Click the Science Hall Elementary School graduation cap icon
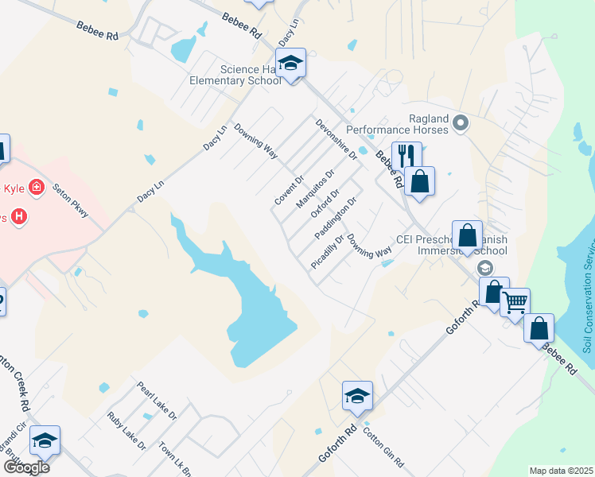tap(290, 63)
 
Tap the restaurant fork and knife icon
tap(406, 154)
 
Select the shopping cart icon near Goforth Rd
tap(515, 302)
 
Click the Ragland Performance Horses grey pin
tap(460, 122)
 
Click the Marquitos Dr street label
tap(315, 188)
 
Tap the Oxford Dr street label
tap(325, 204)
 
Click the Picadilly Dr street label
tap(328, 251)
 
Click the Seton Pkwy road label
tap(68, 202)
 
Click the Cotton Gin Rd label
tap(383, 448)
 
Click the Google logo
tap(25, 467)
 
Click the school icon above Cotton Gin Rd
tap(357, 395)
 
